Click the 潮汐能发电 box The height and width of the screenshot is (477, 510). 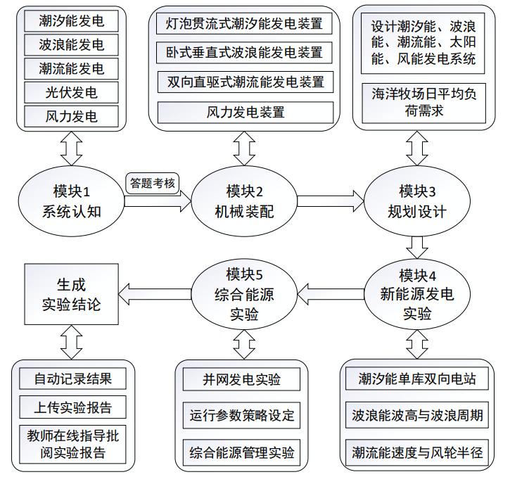pyautogui.click(x=72, y=20)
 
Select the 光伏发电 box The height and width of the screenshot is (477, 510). pyautogui.click(x=72, y=92)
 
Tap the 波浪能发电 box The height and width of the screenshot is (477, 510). pyautogui.click(x=72, y=44)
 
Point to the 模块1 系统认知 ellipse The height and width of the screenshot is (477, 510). pyautogui.click(x=72, y=200)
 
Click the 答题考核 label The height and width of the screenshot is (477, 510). pyautogui.click(x=153, y=182)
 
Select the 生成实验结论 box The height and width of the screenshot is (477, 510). pyautogui.click(x=70, y=294)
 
